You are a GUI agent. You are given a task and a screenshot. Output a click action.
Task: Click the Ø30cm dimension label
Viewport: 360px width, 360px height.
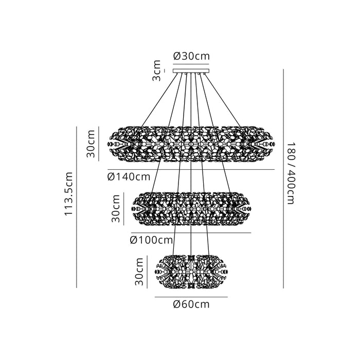click(191, 56)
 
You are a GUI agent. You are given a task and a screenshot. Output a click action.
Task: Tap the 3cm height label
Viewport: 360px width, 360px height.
click(156, 70)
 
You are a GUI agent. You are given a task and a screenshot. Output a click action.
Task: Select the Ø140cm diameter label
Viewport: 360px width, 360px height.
click(129, 177)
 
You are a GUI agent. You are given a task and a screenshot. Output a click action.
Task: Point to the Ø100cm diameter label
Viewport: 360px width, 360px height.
click(151, 240)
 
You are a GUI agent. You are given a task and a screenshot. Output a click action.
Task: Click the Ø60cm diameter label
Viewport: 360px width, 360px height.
click(191, 304)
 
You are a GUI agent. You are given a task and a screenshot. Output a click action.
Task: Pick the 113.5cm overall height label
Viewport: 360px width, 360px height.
click(68, 193)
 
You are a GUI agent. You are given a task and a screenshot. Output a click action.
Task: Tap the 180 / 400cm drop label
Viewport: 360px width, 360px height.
click(291, 173)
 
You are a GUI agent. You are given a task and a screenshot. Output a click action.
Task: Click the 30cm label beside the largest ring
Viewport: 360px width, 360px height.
click(91, 143)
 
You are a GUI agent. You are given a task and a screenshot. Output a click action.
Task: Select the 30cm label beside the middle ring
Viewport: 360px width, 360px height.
click(116, 208)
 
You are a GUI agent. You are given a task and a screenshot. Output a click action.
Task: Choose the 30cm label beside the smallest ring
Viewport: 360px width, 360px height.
click(139, 272)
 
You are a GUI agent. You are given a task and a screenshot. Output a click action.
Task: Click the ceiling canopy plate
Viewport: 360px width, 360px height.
click(191, 71)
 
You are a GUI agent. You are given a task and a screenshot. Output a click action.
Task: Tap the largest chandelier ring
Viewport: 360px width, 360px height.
click(191, 144)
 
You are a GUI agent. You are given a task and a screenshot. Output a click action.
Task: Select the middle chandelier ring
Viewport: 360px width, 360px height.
click(191, 208)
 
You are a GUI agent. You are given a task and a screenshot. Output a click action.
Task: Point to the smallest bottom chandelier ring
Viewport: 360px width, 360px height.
click(191, 272)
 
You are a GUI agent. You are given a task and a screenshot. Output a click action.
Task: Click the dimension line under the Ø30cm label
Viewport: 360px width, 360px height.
click(191, 64)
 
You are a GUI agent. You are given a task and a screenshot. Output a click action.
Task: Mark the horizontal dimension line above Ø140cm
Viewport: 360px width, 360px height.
click(191, 169)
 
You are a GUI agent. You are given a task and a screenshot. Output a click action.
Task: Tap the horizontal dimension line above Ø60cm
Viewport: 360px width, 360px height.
click(191, 297)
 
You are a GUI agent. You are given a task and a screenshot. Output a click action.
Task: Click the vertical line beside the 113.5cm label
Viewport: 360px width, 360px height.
click(77, 207)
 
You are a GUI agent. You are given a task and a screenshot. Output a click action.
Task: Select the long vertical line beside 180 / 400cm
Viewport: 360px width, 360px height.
click(283, 178)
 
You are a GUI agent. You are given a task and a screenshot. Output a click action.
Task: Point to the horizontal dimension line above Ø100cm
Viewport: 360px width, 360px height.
click(191, 232)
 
